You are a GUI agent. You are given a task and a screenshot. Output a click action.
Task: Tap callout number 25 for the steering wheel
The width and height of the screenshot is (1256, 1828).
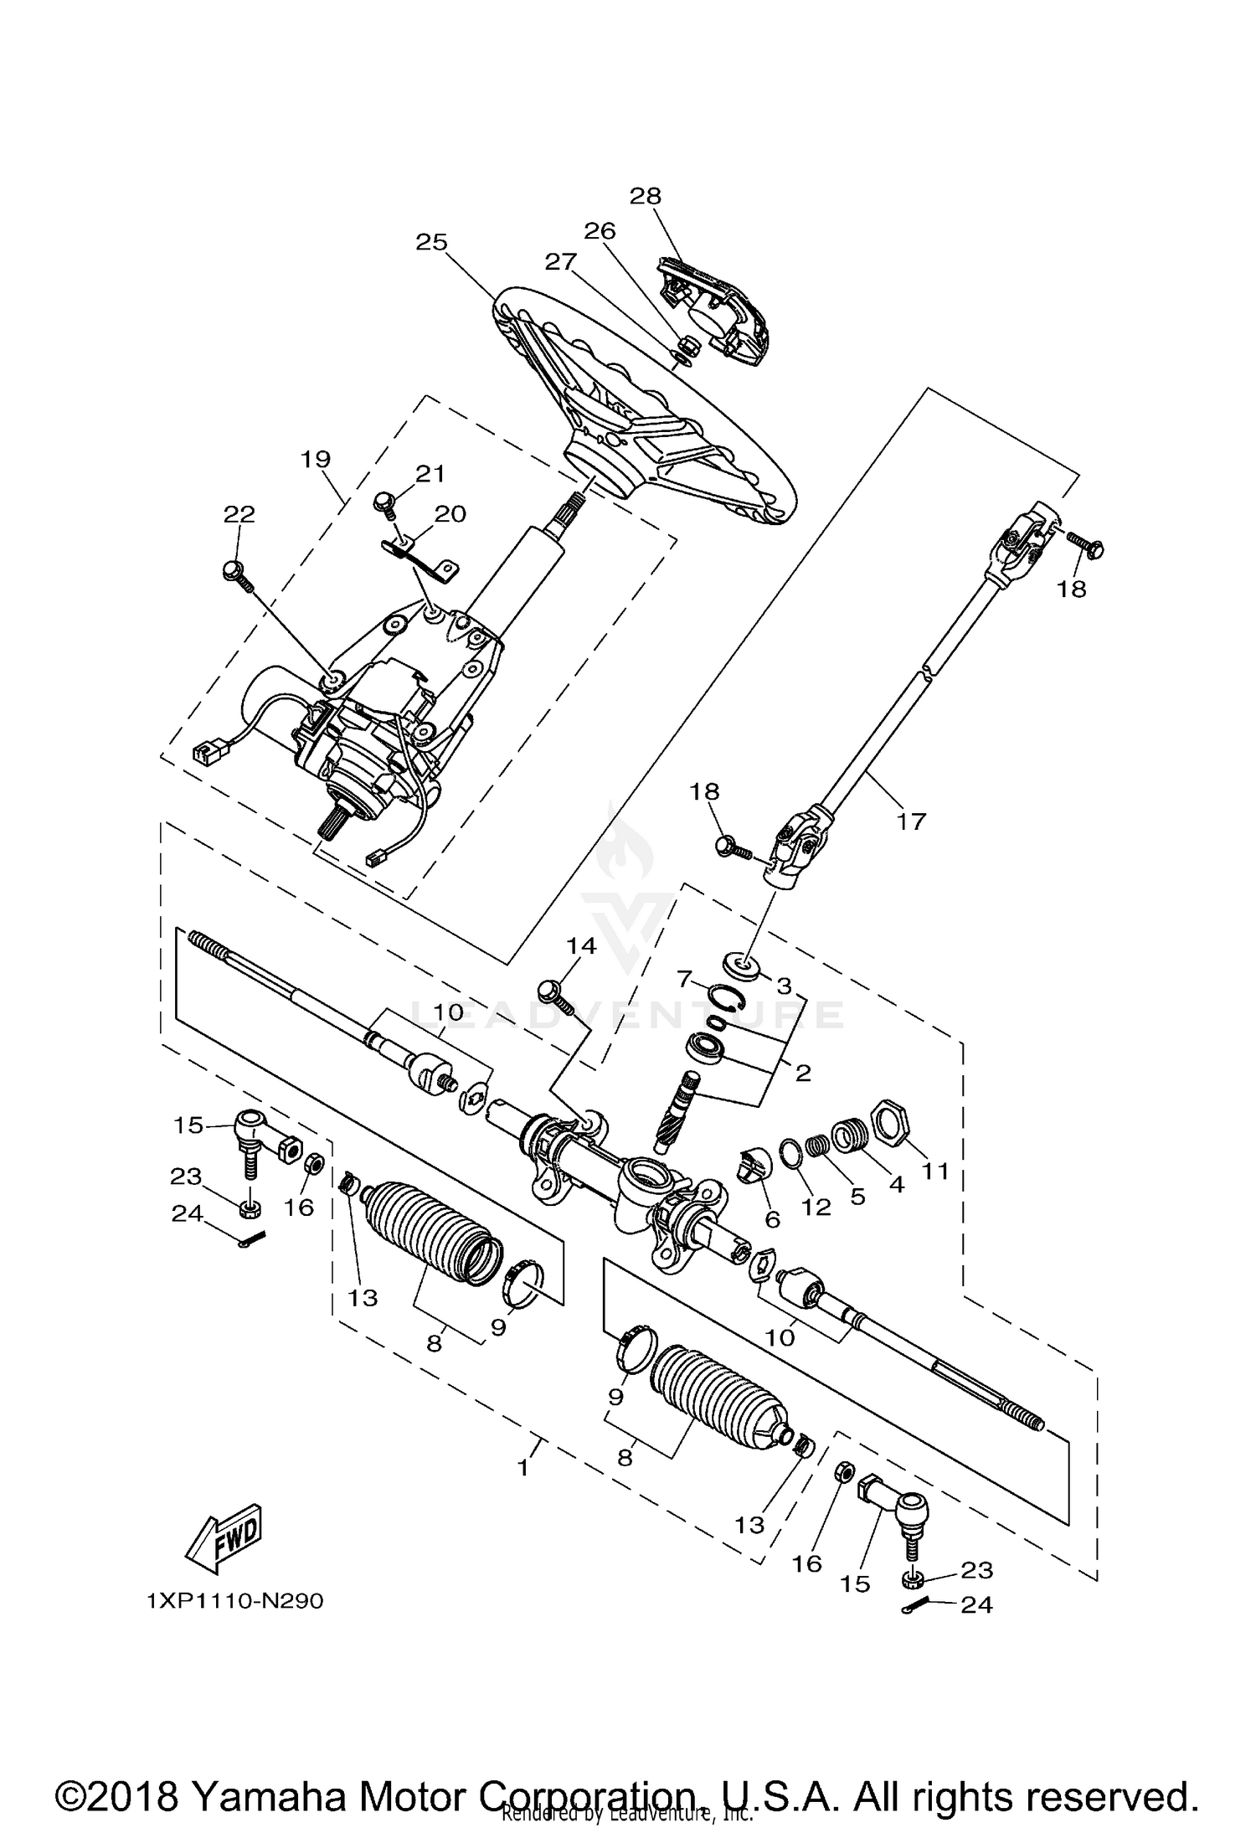pos(432,242)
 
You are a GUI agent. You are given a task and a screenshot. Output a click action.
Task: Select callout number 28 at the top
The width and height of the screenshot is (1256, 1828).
pos(646,195)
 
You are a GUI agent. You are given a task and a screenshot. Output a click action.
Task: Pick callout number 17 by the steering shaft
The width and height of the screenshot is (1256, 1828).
pos(911,821)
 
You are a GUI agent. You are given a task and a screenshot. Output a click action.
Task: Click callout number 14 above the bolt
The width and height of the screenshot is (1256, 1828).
pos(581,945)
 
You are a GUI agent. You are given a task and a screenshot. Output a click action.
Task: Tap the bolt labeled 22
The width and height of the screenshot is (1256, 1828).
pos(234,573)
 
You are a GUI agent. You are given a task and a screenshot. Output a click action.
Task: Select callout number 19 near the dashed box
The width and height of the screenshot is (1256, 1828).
pos(317,459)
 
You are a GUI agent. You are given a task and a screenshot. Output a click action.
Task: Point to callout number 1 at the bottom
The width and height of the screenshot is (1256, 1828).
pos(523,1467)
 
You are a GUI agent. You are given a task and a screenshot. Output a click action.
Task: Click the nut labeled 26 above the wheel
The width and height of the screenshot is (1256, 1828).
pos(682,344)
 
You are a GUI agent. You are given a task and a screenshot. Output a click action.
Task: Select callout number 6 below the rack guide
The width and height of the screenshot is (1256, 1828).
pos(772,1220)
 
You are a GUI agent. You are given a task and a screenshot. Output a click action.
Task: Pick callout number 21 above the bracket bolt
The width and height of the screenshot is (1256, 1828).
pos(430,474)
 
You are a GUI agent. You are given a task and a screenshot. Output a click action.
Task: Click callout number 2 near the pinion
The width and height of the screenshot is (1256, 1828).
pos(803,1073)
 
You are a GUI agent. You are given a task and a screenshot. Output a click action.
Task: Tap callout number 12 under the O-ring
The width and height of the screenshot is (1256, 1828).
pos(816,1207)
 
